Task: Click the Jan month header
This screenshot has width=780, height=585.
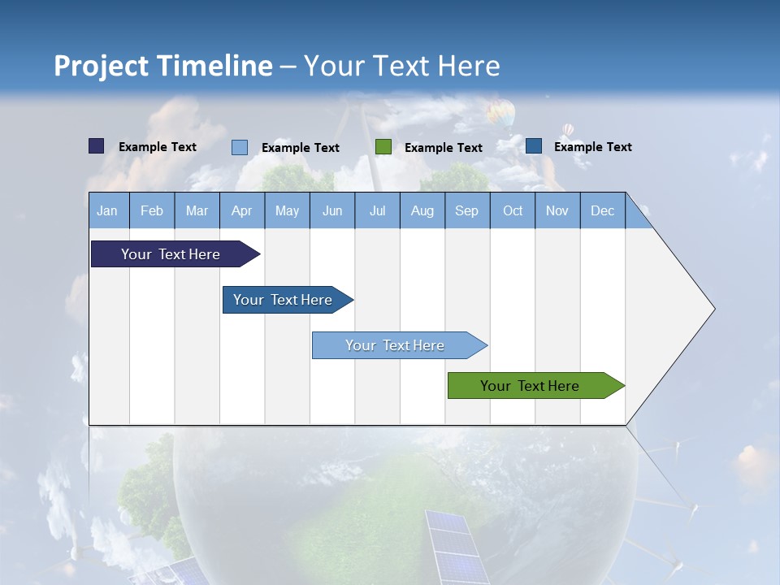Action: click(107, 210)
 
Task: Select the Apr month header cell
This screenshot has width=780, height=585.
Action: click(242, 210)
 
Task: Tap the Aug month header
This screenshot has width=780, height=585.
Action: click(422, 210)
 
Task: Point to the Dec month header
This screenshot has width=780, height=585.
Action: click(602, 210)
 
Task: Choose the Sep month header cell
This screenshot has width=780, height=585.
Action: click(466, 210)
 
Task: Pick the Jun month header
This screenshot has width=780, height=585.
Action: click(332, 210)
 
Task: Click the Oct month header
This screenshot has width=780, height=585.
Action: click(513, 210)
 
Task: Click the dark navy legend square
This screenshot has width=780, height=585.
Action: click(97, 146)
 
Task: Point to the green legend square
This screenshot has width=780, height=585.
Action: click(383, 147)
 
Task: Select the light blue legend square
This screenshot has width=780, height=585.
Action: click(240, 147)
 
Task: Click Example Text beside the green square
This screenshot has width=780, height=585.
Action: click(443, 148)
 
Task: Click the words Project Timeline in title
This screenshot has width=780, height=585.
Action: click(162, 66)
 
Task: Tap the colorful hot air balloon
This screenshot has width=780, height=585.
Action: click(500, 113)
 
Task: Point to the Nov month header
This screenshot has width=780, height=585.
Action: click(557, 210)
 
